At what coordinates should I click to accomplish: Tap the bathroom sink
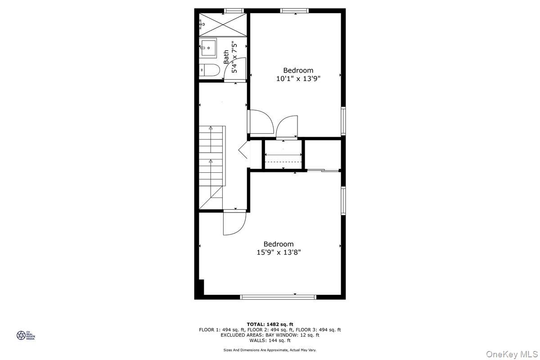coord(208,47)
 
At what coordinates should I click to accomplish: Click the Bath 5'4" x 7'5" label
coord(230,57)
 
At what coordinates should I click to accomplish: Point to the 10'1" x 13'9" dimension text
coord(298,78)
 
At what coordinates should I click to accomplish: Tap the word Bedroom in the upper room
coord(298,70)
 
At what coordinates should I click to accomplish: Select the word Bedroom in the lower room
coord(279,244)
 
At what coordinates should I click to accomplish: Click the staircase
coord(211,166)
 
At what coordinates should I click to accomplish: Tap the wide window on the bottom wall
coord(278,297)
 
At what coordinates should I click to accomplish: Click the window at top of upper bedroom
coord(295,11)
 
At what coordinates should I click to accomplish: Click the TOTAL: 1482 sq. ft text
coord(270,324)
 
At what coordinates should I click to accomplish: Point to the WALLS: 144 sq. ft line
coord(270,340)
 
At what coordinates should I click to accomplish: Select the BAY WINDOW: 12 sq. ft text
coord(294,335)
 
